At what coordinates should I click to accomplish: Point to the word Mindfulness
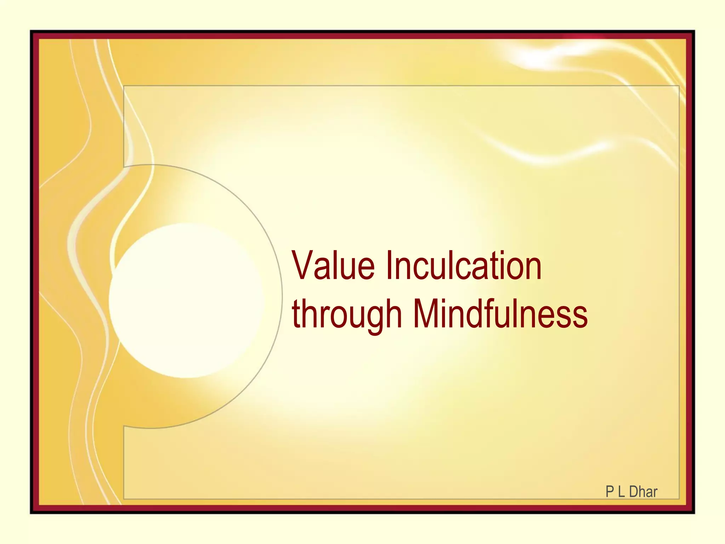pyautogui.click(x=500, y=313)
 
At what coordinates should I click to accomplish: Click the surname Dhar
pyautogui.click(x=643, y=492)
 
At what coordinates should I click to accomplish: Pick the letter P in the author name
pyautogui.click(x=610, y=492)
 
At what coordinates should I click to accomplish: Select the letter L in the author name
pyautogui.click(x=621, y=492)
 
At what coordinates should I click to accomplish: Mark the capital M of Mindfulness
pyautogui.click(x=426, y=313)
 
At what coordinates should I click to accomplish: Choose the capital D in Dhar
pyautogui.click(x=634, y=492)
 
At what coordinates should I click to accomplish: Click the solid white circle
pyautogui.click(x=186, y=300)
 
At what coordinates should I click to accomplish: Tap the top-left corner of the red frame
pyautogui.click(x=34, y=35)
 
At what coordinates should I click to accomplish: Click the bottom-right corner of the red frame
pyautogui.click(x=690, y=509)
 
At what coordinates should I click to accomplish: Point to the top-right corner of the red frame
pyautogui.click(x=690, y=35)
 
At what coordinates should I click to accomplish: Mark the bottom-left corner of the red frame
pyautogui.click(x=34, y=509)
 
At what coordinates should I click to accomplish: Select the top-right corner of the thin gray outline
pyautogui.click(x=679, y=86)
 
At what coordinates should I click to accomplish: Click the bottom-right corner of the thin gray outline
pyautogui.click(x=679, y=499)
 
